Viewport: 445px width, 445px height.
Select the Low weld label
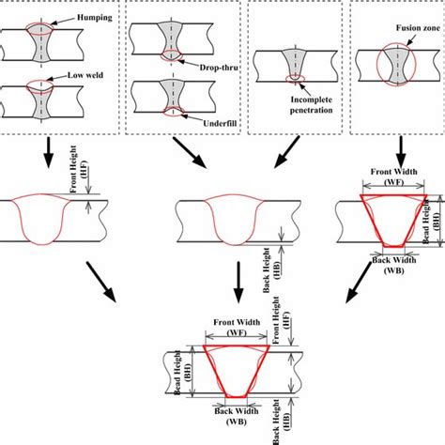point(71,75)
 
